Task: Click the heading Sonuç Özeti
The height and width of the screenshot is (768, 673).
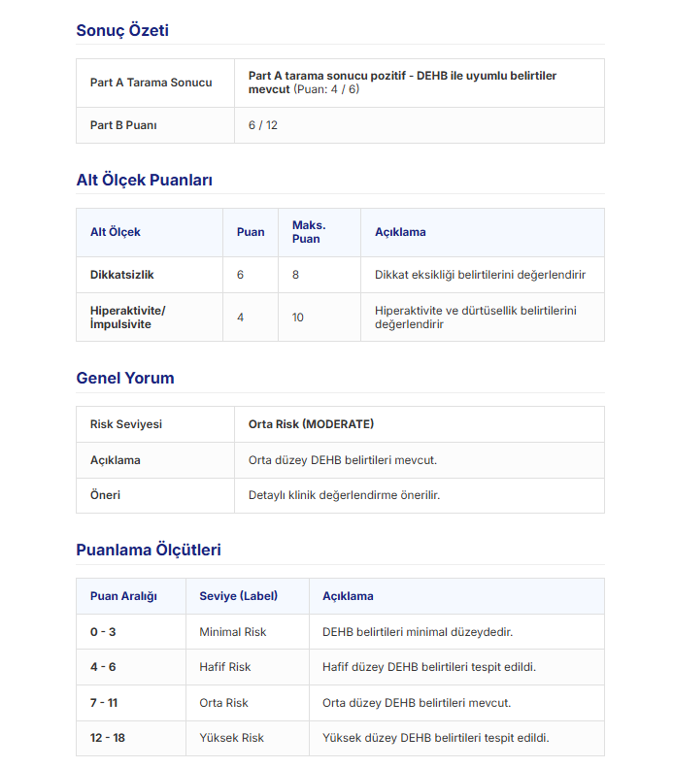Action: click(x=122, y=30)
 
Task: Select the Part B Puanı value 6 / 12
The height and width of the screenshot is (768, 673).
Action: click(x=263, y=125)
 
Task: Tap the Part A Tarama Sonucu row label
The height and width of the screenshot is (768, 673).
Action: click(x=151, y=83)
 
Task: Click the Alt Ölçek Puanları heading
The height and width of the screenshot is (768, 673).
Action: click(x=144, y=180)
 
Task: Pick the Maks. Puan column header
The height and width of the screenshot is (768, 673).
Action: click(x=309, y=232)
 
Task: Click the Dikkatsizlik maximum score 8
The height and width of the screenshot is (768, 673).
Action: click(x=295, y=275)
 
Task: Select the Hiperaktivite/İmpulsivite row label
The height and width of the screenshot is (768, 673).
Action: click(x=128, y=317)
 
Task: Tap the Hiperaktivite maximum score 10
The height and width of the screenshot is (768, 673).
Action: click(x=298, y=317)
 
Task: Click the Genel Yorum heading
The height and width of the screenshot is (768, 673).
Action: click(x=125, y=378)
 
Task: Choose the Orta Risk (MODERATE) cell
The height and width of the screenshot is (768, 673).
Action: click(x=311, y=424)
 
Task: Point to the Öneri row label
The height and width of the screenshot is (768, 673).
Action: click(x=105, y=495)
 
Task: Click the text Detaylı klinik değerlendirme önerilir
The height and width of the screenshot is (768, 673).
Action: click(x=344, y=495)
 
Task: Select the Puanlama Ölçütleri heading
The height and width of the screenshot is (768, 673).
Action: click(x=149, y=550)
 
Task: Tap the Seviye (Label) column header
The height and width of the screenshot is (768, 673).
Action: click(x=239, y=596)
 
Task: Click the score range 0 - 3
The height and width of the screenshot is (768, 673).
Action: click(x=103, y=632)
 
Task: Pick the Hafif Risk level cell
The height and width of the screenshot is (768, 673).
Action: click(x=225, y=667)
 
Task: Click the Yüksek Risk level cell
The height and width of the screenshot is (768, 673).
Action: click(x=231, y=738)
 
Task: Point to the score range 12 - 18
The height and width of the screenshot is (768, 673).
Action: click(x=108, y=738)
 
